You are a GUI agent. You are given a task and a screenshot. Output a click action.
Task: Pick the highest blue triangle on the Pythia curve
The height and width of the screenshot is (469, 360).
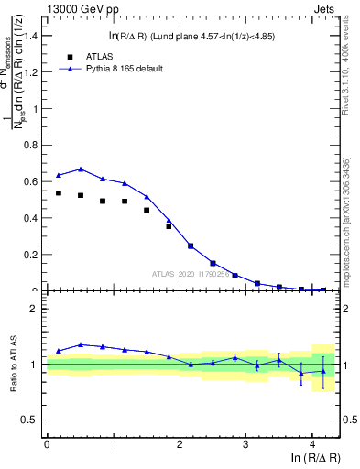pos(81,169)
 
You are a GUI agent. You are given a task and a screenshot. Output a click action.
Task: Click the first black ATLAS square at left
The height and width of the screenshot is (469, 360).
pos(59,193)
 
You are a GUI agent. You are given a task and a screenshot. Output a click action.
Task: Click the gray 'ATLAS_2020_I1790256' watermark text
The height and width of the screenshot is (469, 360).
pos(191,273)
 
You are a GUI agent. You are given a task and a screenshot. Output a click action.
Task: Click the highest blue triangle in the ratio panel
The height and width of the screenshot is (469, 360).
pos(81,344)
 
